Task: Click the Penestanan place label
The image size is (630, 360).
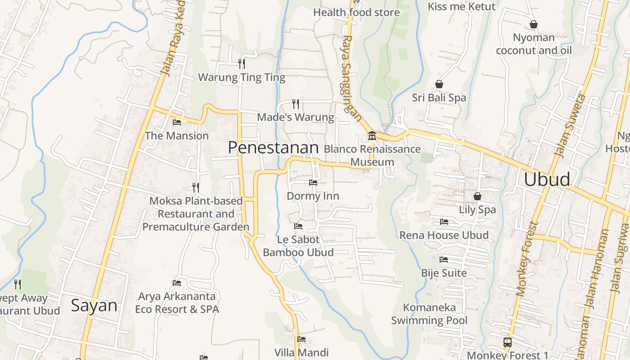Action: [x=273, y=148]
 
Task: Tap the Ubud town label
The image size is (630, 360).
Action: [x=547, y=179]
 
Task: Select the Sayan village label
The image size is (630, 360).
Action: [x=94, y=306]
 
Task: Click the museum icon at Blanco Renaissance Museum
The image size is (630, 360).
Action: [x=372, y=135]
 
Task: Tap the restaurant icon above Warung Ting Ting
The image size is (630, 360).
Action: [x=242, y=63]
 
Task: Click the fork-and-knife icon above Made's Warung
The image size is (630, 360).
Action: [x=296, y=104]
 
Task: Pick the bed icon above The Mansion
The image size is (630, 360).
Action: [x=177, y=122]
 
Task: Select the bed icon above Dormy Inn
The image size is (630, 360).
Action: [x=313, y=182]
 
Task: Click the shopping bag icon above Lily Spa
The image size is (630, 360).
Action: [x=477, y=196]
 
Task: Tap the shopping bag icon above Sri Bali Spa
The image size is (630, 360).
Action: [x=439, y=84]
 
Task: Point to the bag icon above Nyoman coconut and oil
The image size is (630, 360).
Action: [x=534, y=24]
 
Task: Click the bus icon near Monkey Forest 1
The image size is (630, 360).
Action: [x=508, y=342]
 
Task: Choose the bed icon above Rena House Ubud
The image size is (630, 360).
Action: [x=444, y=222]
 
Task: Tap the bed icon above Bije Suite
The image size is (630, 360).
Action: [x=444, y=259]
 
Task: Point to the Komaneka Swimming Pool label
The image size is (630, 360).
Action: [x=429, y=314]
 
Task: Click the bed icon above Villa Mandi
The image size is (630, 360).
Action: [x=301, y=339]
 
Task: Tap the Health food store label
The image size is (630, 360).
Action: [x=356, y=12]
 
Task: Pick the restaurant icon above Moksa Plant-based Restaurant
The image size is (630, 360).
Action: [x=196, y=187]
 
